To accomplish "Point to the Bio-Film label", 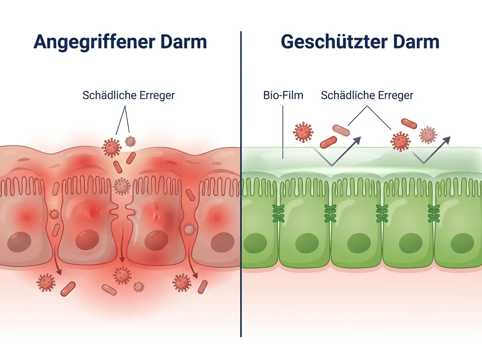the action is (283, 96).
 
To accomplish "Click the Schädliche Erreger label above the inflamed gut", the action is (129, 96).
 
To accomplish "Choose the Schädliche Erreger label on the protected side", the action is (367, 96).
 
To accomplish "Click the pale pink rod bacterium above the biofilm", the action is (341, 130).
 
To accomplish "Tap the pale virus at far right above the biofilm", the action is (428, 135).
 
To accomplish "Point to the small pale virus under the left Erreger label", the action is (130, 141).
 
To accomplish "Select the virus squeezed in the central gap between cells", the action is (121, 186).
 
